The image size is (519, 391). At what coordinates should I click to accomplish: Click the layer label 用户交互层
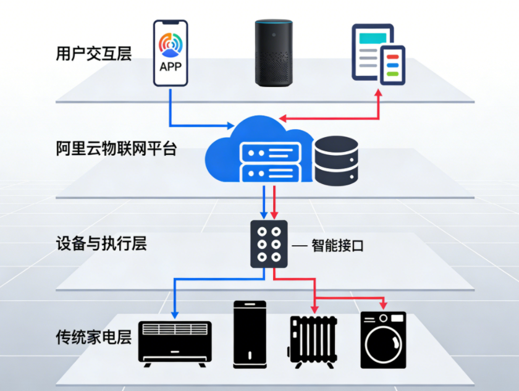point(94,54)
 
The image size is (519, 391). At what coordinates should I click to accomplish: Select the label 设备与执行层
point(101,243)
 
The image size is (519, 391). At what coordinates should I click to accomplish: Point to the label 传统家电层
point(94,338)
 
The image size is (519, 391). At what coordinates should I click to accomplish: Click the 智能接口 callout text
point(337,246)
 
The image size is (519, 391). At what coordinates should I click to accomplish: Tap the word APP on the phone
point(171,66)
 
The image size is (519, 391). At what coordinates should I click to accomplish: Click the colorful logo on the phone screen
point(171,44)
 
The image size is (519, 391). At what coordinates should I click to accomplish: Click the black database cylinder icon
point(336,161)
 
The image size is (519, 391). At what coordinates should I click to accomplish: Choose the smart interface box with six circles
point(269,244)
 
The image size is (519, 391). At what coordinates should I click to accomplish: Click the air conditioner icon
point(175,341)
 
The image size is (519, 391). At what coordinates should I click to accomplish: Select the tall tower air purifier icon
point(250,334)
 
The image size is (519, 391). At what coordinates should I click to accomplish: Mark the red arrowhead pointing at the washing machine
point(383,306)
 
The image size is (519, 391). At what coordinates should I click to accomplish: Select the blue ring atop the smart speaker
point(274,23)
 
